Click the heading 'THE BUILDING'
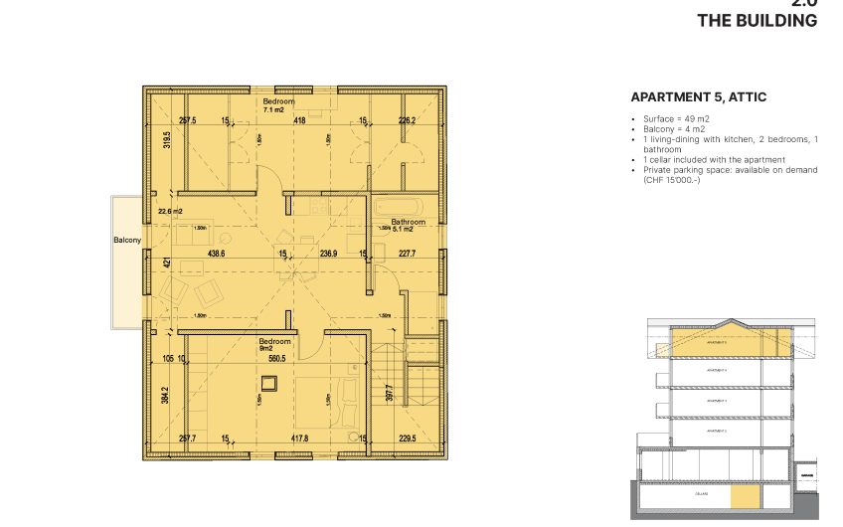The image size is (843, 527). point(757,21)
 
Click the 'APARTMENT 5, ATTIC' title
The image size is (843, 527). point(698,97)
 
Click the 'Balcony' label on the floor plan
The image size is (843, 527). point(127,241)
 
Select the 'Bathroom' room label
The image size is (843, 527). point(408,222)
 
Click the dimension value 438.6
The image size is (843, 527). point(216,254)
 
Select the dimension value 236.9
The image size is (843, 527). point(330,254)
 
